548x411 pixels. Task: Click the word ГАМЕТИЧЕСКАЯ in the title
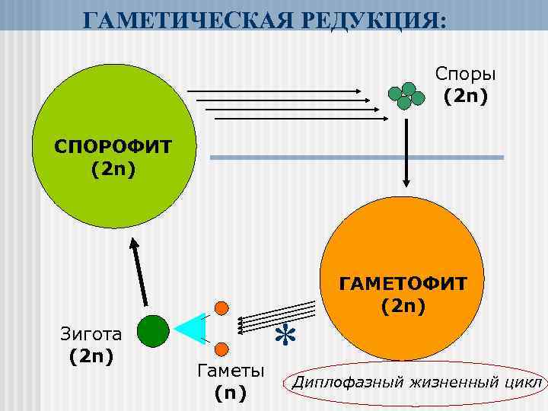(x=179, y=16)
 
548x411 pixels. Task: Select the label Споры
(x=466, y=74)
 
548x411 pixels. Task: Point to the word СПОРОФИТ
(x=113, y=145)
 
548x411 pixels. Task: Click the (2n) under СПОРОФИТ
(x=113, y=167)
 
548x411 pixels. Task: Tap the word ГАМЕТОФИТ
(x=403, y=284)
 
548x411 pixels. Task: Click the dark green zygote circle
(x=153, y=330)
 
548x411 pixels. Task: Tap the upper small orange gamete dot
(x=221, y=308)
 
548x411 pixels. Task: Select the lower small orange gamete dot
(x=221, y=349)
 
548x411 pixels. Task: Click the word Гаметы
(x=231, y=372)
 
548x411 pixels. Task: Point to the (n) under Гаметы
(x=231, y=393)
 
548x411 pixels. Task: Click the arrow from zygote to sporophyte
(x=138, y=273)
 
